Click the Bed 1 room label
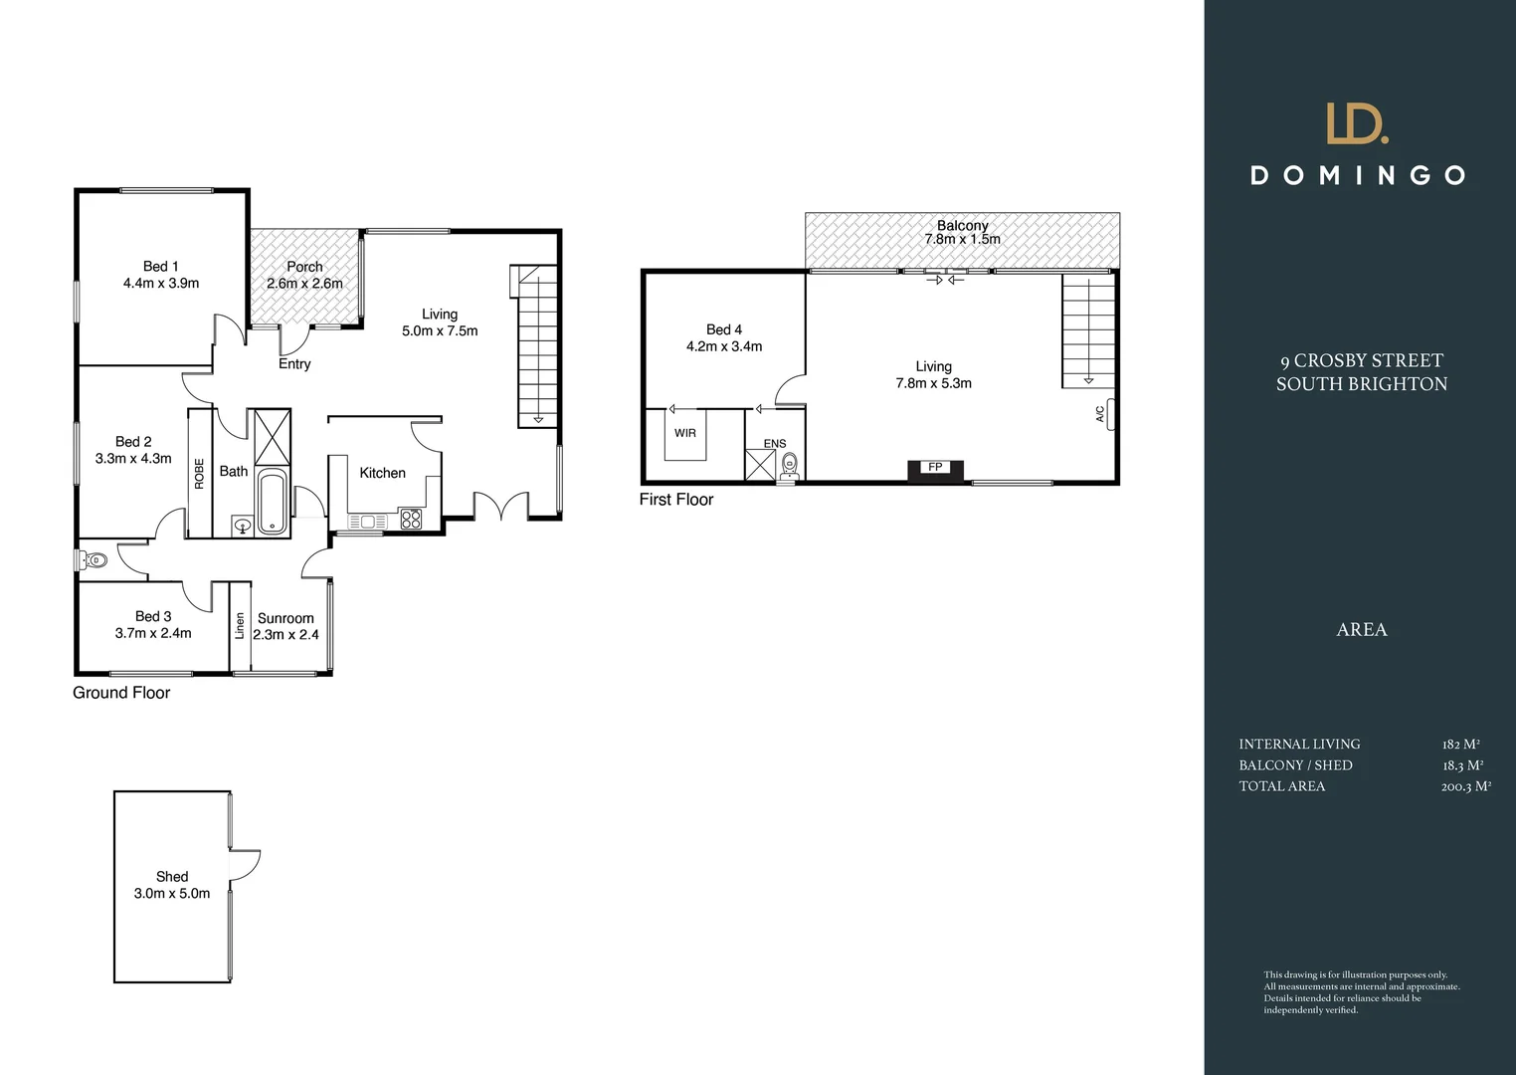[160, 266]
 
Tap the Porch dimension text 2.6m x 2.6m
[304, 284]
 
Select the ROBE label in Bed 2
[199, 473]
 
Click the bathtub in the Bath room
[272, 504]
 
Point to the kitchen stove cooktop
[411, 519]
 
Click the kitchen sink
[367, 522]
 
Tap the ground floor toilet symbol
[93, 560]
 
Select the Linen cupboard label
[239, 625]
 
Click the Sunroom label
[285, 618]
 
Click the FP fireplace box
[935, 468]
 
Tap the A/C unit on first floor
[1108, 413]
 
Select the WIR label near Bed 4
[684, 433]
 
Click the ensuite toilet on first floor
[790, 464]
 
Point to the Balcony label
[962, 226]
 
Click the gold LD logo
[1358, 124]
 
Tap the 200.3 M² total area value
[1465, 786]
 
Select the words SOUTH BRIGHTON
[1361, 384]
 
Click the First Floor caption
[676, 500]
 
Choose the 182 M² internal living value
[1460, 745]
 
